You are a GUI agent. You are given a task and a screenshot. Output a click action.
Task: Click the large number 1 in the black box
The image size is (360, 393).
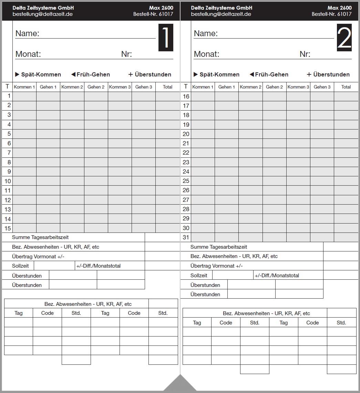point(166,38)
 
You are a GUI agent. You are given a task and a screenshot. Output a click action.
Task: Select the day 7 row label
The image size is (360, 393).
point(9,153)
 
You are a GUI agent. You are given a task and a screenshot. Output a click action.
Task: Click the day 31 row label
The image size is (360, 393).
point(186,237)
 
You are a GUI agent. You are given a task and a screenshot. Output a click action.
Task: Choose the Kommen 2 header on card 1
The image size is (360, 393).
point(72,87)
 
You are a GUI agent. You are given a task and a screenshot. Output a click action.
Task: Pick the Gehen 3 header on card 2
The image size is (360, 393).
point(322,87)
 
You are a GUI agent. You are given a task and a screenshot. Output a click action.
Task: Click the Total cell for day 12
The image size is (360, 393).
point(167,200)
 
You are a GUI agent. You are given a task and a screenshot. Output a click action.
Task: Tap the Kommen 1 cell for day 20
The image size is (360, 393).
point(203,134)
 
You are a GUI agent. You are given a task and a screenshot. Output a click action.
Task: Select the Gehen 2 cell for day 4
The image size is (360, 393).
point(96,124)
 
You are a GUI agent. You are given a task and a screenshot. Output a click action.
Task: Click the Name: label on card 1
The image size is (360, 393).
point(27,33)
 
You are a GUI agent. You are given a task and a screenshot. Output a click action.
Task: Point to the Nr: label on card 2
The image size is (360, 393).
point(305,54)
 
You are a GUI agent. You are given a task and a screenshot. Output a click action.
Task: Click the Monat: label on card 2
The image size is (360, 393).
point(206,54)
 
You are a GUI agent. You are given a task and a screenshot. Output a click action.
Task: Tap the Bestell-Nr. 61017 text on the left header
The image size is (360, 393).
point(153,14)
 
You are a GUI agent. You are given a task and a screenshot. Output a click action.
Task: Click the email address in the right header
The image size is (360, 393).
point(221,14)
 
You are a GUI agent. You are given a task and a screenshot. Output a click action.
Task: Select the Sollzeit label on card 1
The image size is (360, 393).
point(20,266)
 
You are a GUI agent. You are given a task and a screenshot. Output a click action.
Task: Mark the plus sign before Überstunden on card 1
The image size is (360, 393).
point(131,74)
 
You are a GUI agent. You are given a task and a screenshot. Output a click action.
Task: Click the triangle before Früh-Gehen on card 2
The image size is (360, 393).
point(251,74)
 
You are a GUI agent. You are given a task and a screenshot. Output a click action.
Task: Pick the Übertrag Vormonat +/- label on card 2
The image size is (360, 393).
point(216,266)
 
